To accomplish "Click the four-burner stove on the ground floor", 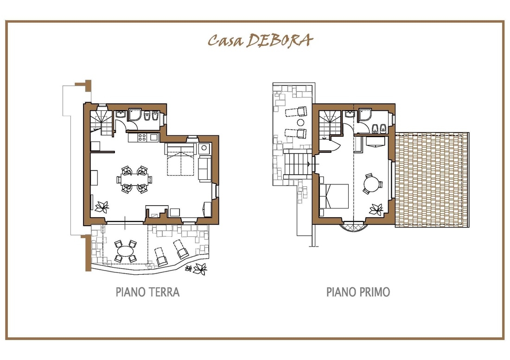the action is point(142,138).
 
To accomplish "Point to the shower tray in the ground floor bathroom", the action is point(134,115).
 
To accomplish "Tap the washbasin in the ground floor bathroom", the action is point(121,114).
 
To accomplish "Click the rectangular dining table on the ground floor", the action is point(134,179).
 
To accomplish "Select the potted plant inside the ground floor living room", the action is point(102,207).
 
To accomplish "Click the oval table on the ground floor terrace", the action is point(125,251).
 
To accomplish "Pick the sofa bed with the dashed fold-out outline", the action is point(181,159).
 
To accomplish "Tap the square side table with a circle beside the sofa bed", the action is point(204,148).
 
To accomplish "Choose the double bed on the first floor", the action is point(334,196).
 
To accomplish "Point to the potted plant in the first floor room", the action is point(376,209).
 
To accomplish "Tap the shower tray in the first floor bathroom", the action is point(364,116).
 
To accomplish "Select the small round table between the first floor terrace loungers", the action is point(300,123).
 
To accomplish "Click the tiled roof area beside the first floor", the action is point(432,180).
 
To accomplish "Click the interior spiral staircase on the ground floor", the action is point(101,123).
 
